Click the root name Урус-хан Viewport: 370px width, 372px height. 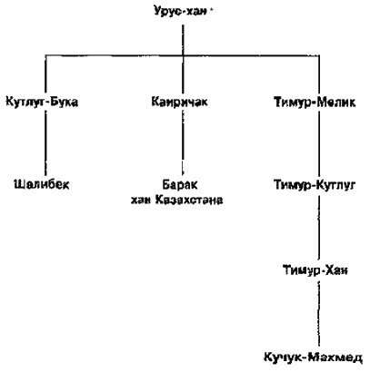click(x=180, y=11)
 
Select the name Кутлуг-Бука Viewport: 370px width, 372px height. click(x=42, y=102)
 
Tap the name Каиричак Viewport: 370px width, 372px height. click(x=180, y=102)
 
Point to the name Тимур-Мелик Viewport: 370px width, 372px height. click(x=315, y=103)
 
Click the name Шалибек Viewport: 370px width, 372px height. click(x=42, y=184)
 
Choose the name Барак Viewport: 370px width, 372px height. click(x=180, y=184)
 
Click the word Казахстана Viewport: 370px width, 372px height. click(x=189, y=200)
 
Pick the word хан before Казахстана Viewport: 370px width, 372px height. click(x=141, y=201)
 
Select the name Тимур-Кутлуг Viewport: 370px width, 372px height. click(x=315, y=185)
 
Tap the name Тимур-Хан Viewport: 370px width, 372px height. click(x=315, y=269)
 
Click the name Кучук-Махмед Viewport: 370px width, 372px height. click(x=314, y=357)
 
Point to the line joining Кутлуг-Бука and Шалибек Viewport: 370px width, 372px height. click(x=45, y=142)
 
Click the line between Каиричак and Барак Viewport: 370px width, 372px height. click(x=183, y=142)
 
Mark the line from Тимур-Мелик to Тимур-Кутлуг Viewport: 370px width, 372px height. click(x=319, y=143)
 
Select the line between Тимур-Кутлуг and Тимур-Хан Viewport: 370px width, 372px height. click(x=319, y=228)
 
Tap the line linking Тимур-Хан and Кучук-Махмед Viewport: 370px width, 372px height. click(x=319, y=314)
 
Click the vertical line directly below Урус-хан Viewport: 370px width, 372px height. click(x=183, y=40)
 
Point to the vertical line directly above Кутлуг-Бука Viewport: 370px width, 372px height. click(x=45, y=73)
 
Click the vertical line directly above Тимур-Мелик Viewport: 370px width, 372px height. click(x=319, y=74)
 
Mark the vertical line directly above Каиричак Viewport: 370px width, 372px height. click(x=183, y=74)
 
